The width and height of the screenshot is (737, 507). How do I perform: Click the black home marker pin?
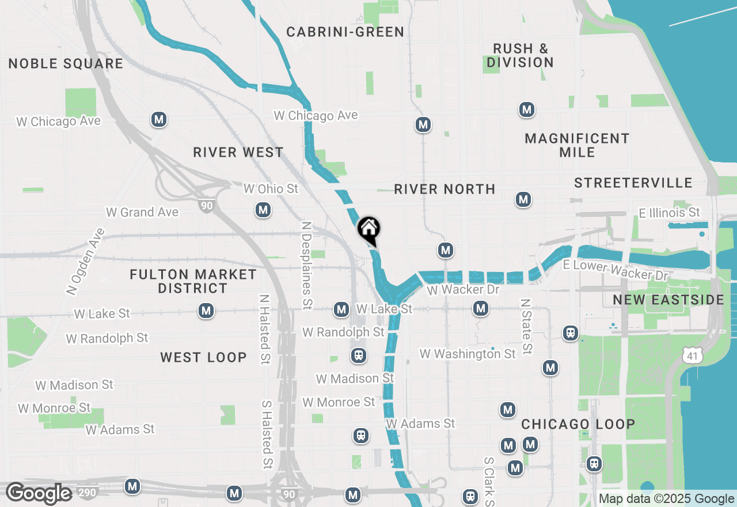click(368, 229)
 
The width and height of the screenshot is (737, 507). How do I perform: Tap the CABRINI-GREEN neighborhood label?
click(345, 32)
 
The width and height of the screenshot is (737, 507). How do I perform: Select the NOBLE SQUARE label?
click(66, 63)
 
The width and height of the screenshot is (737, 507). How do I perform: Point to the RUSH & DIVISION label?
click(520, 55)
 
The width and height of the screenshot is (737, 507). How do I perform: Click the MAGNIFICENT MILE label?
click(577, 145)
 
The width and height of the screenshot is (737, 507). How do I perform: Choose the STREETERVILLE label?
click(633, 183)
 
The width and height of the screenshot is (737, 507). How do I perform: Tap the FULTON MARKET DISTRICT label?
click(193, 281)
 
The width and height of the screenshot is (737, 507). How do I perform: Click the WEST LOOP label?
click(203, 358)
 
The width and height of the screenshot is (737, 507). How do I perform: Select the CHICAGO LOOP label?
click(578, 425)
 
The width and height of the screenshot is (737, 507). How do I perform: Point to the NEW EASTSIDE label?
click(668, 300)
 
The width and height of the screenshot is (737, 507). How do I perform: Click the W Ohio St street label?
click(271, 189)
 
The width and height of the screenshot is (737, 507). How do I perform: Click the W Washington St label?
click(468, 354)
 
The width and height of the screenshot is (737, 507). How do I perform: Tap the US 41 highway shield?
click(692, 356)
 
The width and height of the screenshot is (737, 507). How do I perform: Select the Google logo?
click(39, 494)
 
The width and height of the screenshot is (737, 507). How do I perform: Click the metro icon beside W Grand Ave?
click(263, 210)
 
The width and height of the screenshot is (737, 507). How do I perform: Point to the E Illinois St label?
click(670, 213)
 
